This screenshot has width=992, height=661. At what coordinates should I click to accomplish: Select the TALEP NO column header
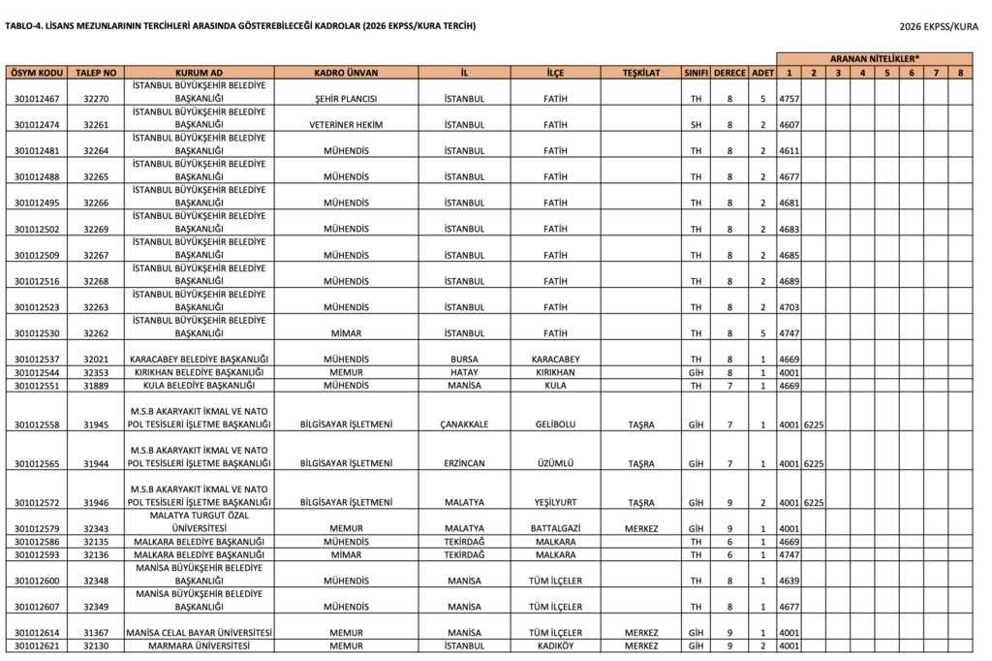97,73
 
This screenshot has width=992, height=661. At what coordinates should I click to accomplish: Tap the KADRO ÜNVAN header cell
346,73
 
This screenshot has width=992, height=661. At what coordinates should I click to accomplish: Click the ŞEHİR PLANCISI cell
346,99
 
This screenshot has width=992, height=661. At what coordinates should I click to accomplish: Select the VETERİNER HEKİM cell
346,125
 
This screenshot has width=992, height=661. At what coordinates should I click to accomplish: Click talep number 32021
97,360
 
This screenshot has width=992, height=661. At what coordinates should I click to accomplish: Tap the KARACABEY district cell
555,360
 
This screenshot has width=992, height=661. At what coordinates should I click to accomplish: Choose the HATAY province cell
465,372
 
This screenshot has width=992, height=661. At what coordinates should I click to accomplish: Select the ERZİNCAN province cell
465,463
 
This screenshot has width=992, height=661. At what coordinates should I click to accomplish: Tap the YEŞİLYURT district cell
555,503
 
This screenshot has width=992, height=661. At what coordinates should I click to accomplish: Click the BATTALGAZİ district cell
555,528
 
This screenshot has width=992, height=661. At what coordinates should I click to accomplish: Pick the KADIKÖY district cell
555,646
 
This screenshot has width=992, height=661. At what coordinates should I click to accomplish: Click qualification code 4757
790,99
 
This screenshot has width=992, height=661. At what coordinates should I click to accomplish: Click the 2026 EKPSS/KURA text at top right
938,26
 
